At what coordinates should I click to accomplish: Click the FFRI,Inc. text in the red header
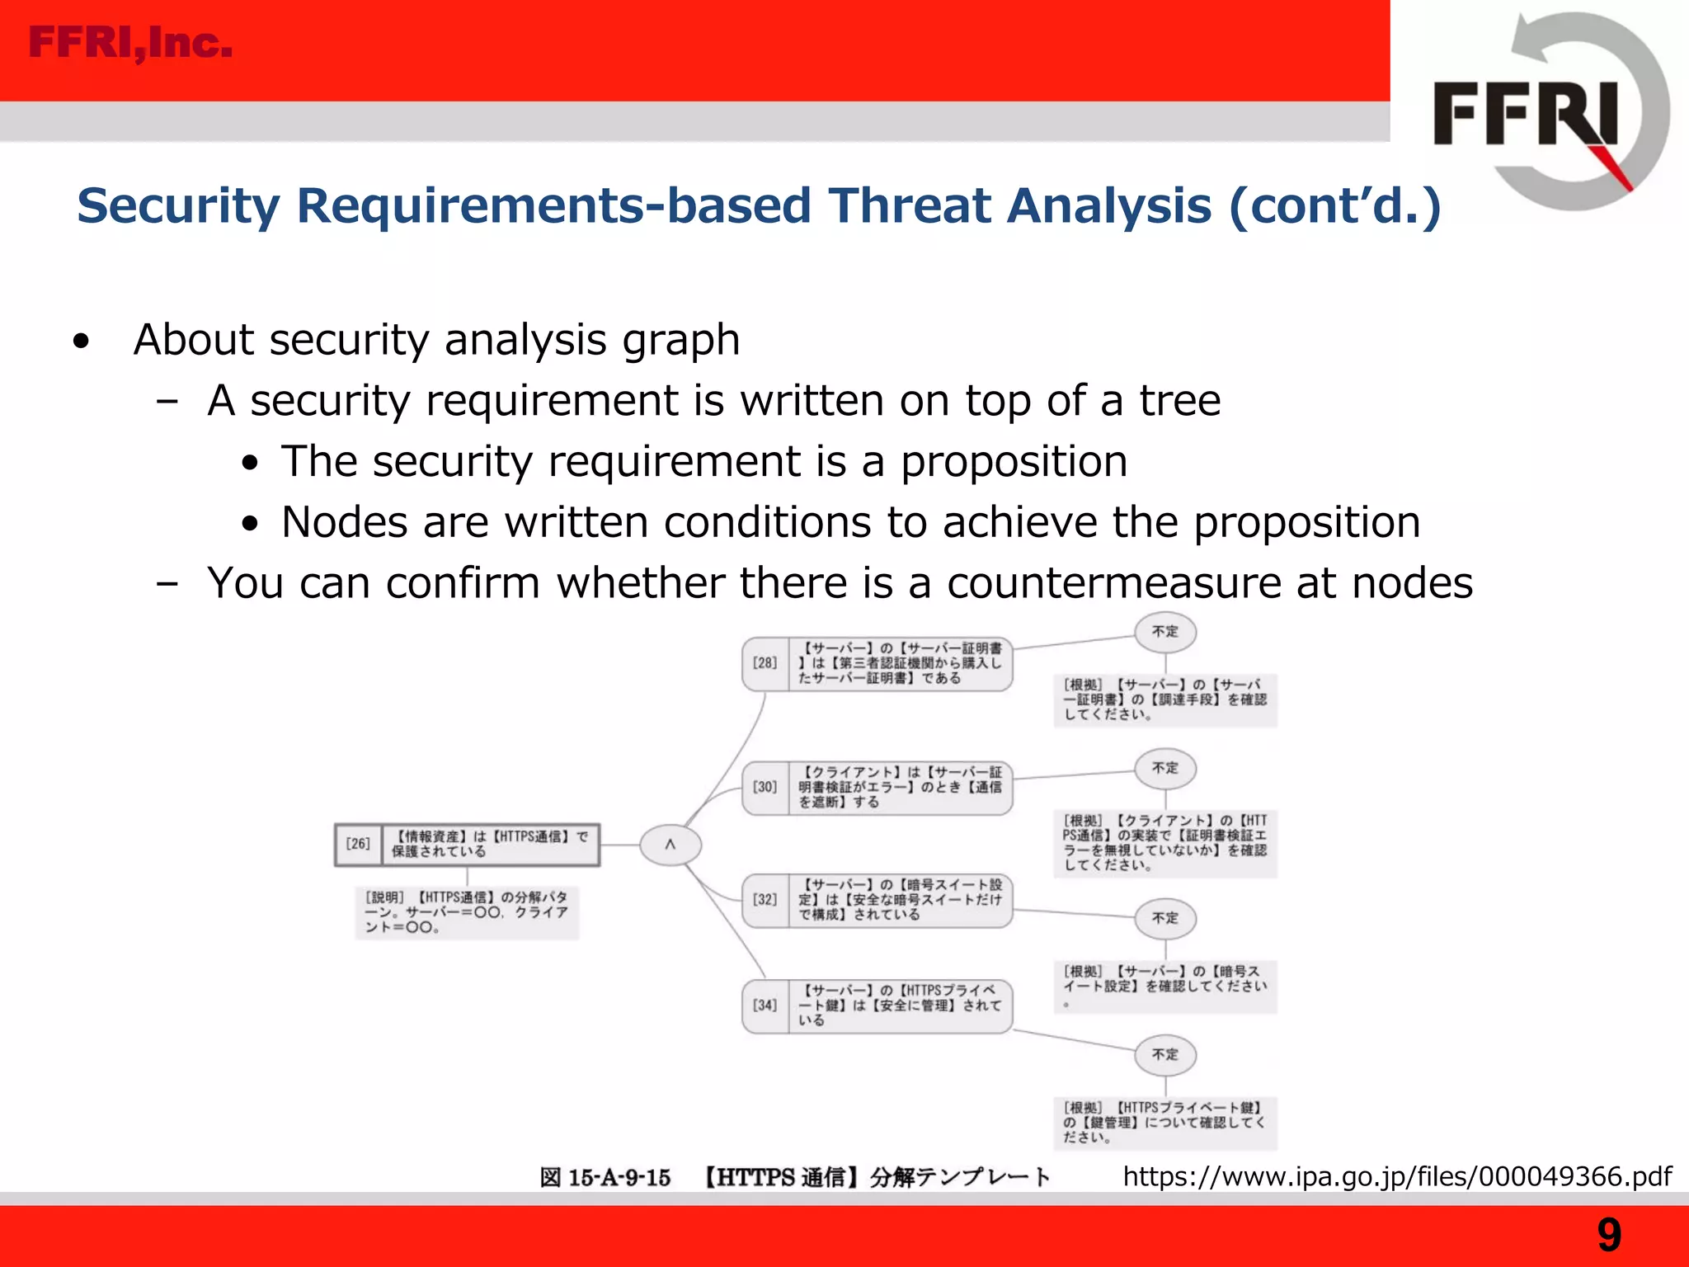click(130, 43)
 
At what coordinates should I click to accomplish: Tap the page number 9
click(1608, 1235)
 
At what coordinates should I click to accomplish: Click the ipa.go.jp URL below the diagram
click(1397, 1175)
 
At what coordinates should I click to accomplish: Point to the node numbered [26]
click(467, 844)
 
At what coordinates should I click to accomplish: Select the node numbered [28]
click(877, 663)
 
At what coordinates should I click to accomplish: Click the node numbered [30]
click(877, 788)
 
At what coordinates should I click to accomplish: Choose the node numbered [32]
click(877, 900)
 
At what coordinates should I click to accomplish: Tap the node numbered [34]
click(877, 1006)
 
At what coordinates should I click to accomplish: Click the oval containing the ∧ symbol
click(670, 845)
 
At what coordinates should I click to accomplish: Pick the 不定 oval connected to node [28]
click(1164, 632)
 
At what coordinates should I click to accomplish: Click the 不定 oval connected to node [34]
click(1164, 1055)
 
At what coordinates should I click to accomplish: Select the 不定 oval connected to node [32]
click(1164, 918)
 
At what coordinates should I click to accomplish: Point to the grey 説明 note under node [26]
click(467, 911)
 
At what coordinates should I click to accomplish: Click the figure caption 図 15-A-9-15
click(605, 1177)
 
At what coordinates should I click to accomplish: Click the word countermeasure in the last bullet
click(1113, 583)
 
